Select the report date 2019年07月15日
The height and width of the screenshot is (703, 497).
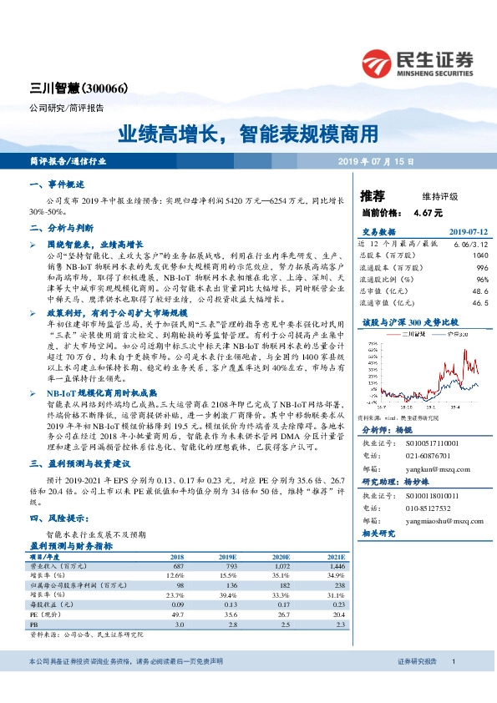376,161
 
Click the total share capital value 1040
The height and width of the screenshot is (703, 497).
479,255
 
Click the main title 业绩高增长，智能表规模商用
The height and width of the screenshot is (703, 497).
247,134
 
